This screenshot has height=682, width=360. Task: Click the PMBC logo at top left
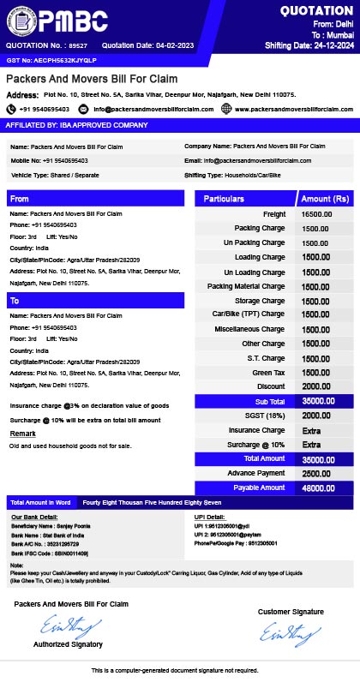click(55, 19)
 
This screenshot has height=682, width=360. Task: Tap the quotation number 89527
click(78, 45)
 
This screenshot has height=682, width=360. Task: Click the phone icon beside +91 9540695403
click(11, 109)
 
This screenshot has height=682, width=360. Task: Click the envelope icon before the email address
click(83, 109)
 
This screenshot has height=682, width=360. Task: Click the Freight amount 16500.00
click(316, 213)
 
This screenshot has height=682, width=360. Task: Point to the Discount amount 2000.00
click(316, 386)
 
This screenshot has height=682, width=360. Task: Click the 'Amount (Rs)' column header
click(325, 199)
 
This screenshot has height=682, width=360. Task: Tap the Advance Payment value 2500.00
click(316, 473)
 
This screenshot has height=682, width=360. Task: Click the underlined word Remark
click(22, 434)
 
